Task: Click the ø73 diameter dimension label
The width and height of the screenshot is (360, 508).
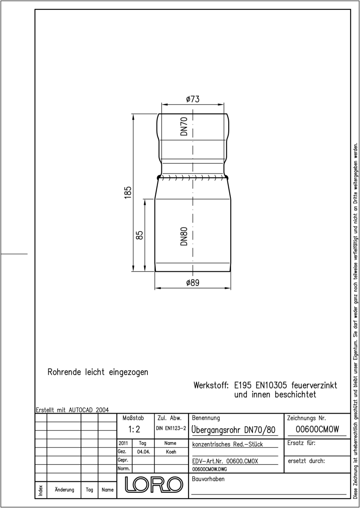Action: [193, 99]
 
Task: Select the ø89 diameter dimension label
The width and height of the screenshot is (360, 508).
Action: [193, 283]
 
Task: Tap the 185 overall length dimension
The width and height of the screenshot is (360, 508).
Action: [128, 192]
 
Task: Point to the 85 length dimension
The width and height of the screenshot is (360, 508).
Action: [140, 235]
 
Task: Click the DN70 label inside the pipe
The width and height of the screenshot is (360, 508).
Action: [184, 126]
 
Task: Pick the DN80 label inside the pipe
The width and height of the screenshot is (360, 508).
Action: [184, 236]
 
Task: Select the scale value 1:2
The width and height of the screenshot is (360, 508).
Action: [134, 429]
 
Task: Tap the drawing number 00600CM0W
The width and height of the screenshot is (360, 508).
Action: [317, 429]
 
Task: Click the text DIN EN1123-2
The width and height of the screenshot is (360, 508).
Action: [171, 428]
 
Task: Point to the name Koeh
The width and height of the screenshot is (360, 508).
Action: [171, 452]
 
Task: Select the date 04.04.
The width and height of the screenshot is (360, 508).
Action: [144, 452]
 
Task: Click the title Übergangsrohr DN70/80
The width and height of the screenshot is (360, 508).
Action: [233, 430]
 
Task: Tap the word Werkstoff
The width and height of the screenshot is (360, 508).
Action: [211, 385]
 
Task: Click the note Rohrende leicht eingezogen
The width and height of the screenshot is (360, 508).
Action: [98, 373]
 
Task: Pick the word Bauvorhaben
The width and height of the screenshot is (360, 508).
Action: [208, 479]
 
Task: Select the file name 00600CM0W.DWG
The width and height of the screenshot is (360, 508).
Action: [209, 469]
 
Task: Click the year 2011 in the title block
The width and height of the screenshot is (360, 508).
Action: [123, 443]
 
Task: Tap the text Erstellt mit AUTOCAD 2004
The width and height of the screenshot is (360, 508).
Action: [72, 410]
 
